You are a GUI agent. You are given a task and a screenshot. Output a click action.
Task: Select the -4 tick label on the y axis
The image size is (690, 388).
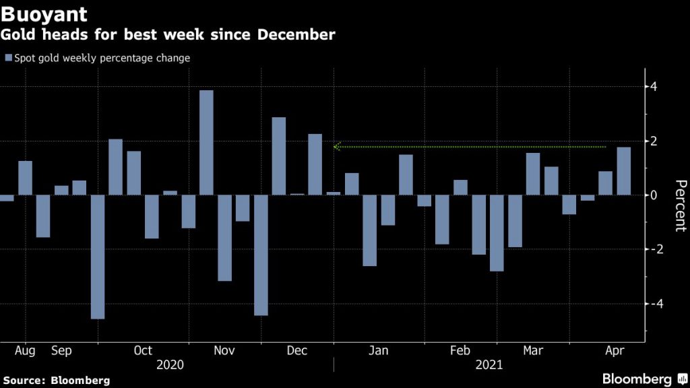coord(651,304)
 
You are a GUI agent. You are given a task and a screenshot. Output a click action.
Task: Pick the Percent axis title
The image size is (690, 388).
coord(680,205)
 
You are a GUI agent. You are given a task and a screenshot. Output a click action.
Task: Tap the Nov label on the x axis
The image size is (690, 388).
coord(224,351)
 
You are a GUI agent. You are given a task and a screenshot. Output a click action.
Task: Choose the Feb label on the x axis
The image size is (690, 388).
coord(460,351)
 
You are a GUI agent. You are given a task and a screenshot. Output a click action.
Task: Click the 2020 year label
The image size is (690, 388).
coord(170,365)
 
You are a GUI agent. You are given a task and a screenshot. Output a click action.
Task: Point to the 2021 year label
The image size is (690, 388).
coord(489,365)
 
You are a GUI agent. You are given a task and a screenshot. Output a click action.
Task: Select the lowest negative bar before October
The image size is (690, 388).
coord(98,257)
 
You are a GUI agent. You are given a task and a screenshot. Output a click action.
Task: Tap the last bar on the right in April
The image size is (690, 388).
coord(624,171)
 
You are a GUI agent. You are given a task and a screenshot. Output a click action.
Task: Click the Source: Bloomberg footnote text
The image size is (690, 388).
coord(55,381)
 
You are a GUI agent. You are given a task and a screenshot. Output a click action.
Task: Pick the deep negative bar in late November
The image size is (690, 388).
coord(261,255)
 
